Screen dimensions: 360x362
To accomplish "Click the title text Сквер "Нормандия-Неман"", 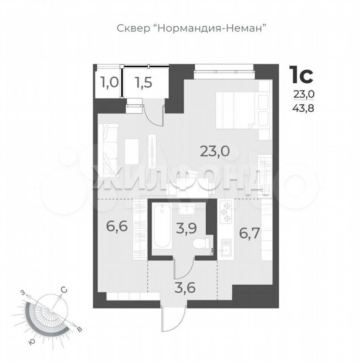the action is [x=191, y=29].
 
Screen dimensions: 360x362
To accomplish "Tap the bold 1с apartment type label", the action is [x=302, y=75].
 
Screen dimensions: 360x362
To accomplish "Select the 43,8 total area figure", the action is [x=304, y=108].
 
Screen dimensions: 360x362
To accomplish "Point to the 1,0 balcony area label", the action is [x=109, y=83].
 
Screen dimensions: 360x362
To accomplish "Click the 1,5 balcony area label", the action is [x=144, y=83].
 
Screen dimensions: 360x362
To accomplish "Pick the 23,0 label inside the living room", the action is [x=215, y=151].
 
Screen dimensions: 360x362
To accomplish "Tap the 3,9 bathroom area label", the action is [x=186, y=228].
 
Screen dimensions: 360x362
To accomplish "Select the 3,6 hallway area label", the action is [x=185, y=287].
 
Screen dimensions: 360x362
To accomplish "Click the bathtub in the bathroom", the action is [x=162, y=226].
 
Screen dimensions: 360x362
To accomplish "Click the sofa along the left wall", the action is [x=108, y=149].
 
